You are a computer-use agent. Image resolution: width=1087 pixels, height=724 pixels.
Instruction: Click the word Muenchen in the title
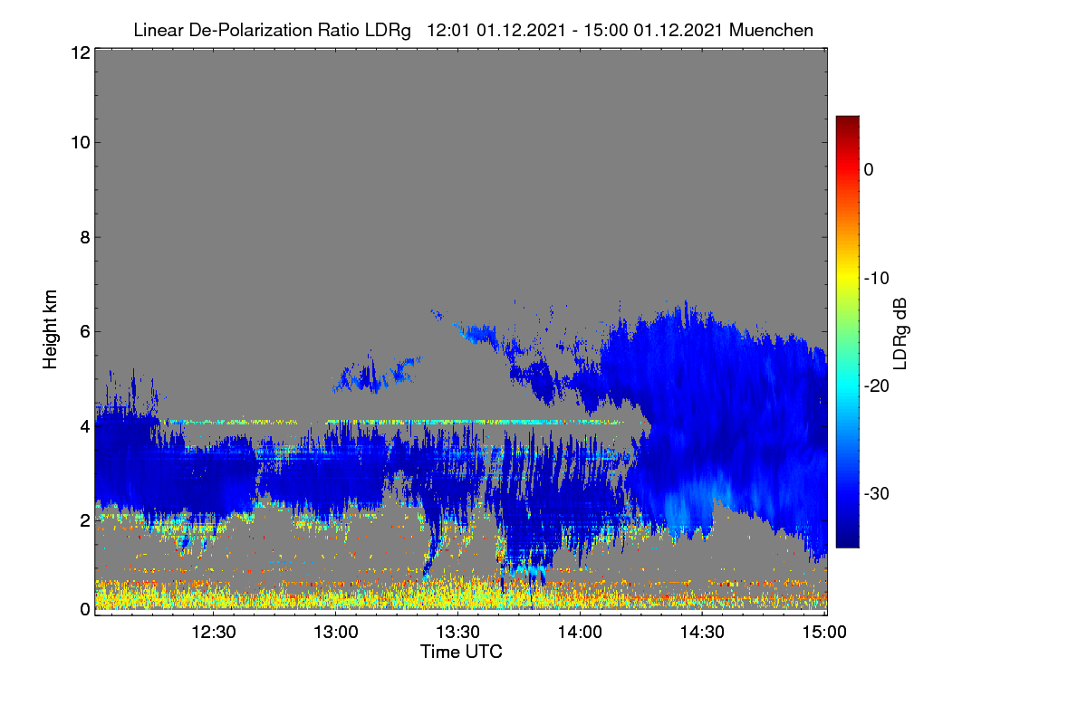click(x=771, y=30)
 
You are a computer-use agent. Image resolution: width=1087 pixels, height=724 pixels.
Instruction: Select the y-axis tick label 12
click(x=81, y=52)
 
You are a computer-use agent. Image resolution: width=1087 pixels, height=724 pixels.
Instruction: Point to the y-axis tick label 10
click(x=81, y=143)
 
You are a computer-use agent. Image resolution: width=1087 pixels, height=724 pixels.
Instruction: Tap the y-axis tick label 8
click(x=85, y=237)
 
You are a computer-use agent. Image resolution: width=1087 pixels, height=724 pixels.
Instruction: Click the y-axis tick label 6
click(x=85, y=332)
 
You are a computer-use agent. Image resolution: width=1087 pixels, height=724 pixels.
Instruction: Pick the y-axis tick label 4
click(x=85, y=426)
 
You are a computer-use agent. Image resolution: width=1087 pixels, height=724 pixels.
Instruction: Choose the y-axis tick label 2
click(x=85, y=520)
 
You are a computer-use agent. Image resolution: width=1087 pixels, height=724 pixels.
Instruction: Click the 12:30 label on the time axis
click(x=214, y=632)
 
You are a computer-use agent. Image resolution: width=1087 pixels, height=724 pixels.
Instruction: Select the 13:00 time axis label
click(x=336, y=632)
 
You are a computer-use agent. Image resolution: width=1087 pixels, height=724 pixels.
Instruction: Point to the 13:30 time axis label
click(x=458, y=632)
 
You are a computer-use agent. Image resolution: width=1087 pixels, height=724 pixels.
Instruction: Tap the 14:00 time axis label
click(x=580, y=632)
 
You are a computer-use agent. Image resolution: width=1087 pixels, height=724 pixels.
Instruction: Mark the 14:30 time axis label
click(x=702, y=632)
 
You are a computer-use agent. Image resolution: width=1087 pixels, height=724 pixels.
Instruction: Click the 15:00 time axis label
click(x=824, y=632)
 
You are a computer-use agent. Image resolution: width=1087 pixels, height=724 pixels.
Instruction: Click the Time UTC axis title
click(x=461, y=652)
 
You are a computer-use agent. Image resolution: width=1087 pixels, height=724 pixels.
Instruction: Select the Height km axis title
click(x=50, y=329)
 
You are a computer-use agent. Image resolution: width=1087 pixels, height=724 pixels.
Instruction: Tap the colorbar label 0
click(x=869, y=170)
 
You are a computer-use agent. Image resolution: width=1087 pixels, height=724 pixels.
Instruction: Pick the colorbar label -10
click(x=877, y=279)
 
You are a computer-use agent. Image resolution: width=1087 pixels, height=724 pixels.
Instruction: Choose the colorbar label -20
click(x=877, y=386)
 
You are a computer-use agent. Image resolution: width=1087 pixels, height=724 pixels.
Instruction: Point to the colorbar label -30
click(x=877, y=493)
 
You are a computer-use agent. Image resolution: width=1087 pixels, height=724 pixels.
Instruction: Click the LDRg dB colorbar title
click(x=900, y=334)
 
